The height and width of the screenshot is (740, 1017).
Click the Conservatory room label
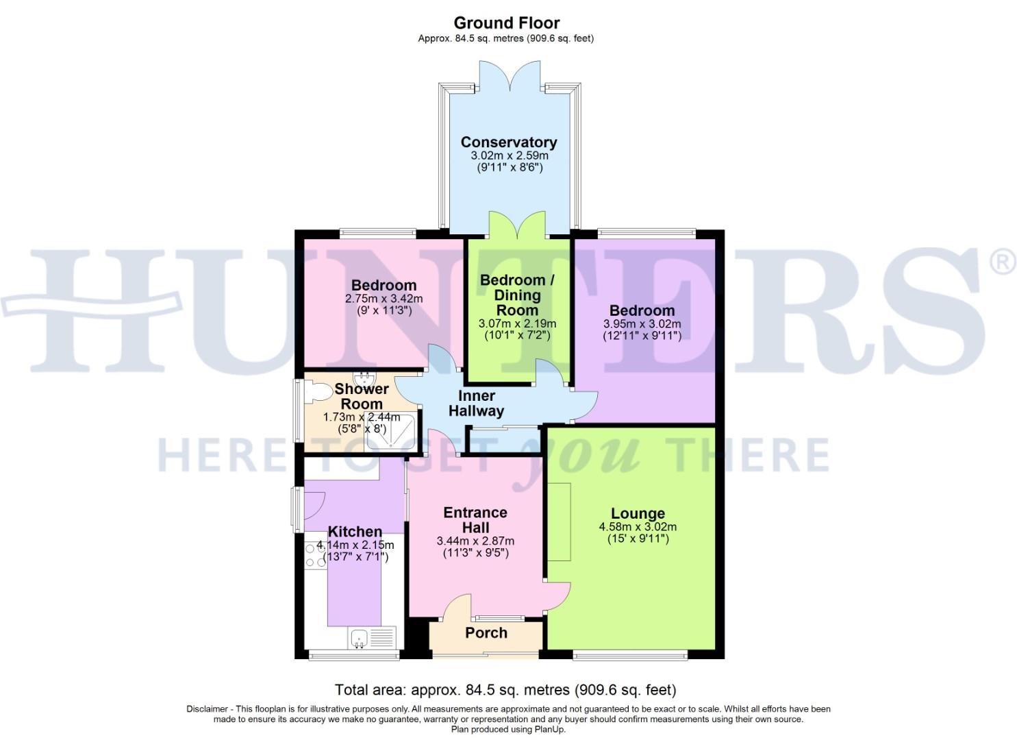pyautogui.click(x=508, y=143)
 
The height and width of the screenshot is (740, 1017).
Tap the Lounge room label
pyautogui.click(x=638, y=513)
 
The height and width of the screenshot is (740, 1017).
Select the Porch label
pyautogui.click(x=486, y=633)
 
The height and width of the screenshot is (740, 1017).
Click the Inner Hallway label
pyautogui.click(x=477, y=404)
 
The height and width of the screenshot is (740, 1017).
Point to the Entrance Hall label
pyautogui.click(x=475, y=520)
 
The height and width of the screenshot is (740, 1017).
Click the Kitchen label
pyautogui.click(x=355, y=532)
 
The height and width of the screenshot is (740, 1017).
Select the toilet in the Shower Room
pyautogui.click(x=316, y=391)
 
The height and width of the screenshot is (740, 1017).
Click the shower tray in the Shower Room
pyautogui.click(x=390, y=433)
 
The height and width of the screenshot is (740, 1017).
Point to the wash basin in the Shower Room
pyautogui.click(x=364, y=378)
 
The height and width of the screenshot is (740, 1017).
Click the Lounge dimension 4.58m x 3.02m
pyautogui.click(x=638, y=527)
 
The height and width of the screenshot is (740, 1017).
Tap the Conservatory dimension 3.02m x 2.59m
pyautogui.click(x=509, y=156)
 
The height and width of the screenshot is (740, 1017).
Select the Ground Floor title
pyautogui.click(x=507, y=23)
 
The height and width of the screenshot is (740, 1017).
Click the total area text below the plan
pyautogui.click(x=505, y=689)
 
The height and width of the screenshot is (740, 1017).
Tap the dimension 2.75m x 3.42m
pyautogui.click(x=384, y=299)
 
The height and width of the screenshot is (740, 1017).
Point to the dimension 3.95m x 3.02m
pyautogui.click(x=642, y=324)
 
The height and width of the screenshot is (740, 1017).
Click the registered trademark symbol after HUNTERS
pyautogui.click(x=1004, y=264)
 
